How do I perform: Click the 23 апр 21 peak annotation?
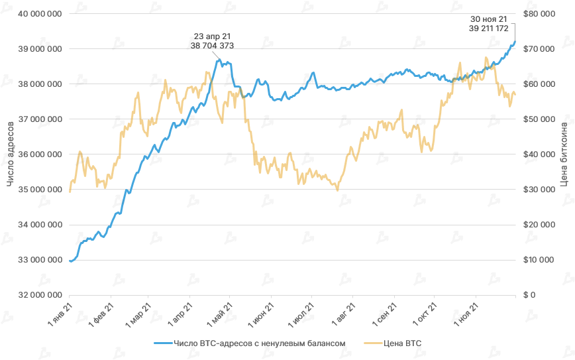(x=212, y=41)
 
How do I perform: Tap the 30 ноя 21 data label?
(x=488, y=24)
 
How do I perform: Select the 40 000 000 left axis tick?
(x=40, y=14)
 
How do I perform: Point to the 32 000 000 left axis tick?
(x=40, y=295)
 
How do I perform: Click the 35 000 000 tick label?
(x=40, y=190)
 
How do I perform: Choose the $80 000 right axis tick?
(x=539, y=14)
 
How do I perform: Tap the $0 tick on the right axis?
(x=529, y=295)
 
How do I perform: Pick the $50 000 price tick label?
(x=539, y=119)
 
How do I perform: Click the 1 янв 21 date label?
(x=60, y=314)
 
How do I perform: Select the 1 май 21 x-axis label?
(x=220, y=314)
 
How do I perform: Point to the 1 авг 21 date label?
(x=344, y=314)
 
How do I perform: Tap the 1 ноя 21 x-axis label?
(x=466, y=314)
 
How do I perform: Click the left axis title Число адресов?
(x=11, y=154)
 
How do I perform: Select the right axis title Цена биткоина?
(x=564, y=154)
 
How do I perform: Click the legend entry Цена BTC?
(x=393, y=343)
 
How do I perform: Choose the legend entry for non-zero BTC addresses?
(x=250, y=343)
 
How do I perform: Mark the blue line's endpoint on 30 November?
(x=515, y=42)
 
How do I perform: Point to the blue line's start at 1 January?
(x=70, y=261)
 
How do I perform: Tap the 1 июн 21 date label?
(x=261, y=314)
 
